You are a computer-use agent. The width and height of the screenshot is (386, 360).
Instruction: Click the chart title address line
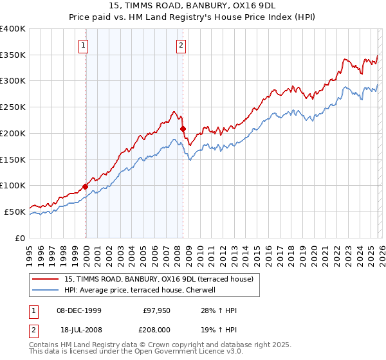pos(193,6)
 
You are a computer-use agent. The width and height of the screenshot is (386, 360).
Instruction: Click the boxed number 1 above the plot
pos(85,45)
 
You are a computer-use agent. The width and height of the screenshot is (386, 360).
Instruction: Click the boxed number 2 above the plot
pos(181,45)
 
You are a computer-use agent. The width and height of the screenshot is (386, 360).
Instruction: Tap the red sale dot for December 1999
pos(85,186)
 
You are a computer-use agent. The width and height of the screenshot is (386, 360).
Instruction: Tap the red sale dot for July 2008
pos(183,129)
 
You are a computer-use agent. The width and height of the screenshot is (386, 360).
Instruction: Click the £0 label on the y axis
pos(21,238)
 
